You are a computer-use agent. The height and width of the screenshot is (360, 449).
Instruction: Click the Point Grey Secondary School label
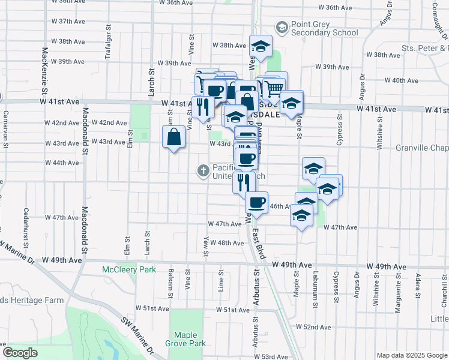click(x=324, y=28)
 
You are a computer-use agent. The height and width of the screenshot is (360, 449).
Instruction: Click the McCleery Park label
click(x=129, y=269)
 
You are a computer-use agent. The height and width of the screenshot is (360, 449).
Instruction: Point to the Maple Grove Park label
click(x=190, y=339)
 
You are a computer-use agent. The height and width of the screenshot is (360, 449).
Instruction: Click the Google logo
click(x=20, y=353)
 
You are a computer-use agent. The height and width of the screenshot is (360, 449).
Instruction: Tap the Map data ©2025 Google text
click(x=411, y=355)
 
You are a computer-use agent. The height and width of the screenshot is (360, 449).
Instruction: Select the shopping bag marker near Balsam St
click(x=173, y=137)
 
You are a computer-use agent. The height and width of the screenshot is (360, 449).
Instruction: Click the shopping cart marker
click(x=274, y=88)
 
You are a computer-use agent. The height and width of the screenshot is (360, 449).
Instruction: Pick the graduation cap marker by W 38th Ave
click(x=261, y=47)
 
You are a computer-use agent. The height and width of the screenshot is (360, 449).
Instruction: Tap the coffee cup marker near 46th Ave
click(x=256, y=203)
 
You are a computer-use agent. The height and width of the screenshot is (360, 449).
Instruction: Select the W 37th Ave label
click(x=68, y=21)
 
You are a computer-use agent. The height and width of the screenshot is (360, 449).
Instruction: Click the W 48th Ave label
click(x=231, y=242)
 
